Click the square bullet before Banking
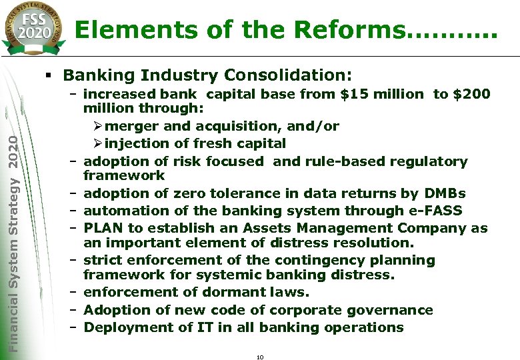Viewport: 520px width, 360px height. coord(54,74)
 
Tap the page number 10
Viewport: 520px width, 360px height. coord(260,357)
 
